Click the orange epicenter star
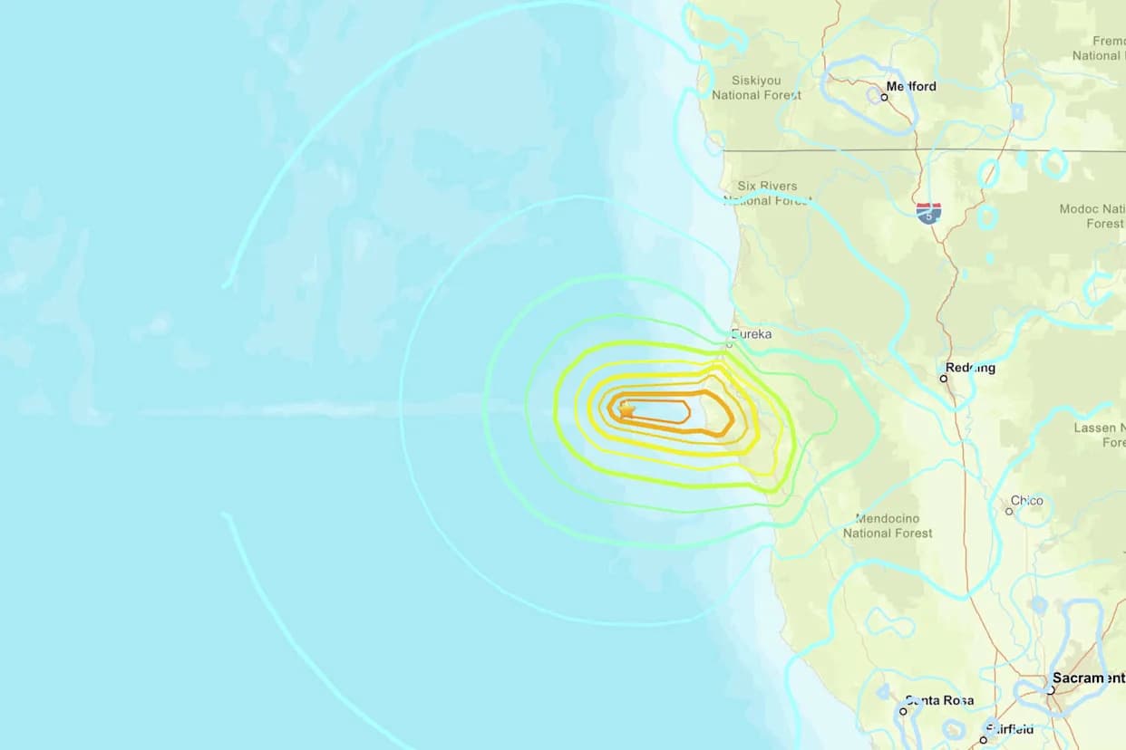pos(626,410)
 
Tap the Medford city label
pos(911,86)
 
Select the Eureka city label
pos(752,334)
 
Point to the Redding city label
pos(970,368)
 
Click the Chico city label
pos(1027,500)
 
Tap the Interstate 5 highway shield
pos(928,213)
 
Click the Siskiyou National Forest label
pos(756,88)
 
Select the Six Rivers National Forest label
pos(767,193)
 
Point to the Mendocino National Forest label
pos(888,526)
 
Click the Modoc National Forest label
pos(1092,216)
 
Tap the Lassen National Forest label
pos(1099,435)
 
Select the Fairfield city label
pos(1008,729)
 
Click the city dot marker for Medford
pos(884,96)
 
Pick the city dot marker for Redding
pos(944,378)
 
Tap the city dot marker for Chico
pos(1009,511)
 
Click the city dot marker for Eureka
pos(729,344)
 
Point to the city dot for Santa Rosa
pos(903,711)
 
